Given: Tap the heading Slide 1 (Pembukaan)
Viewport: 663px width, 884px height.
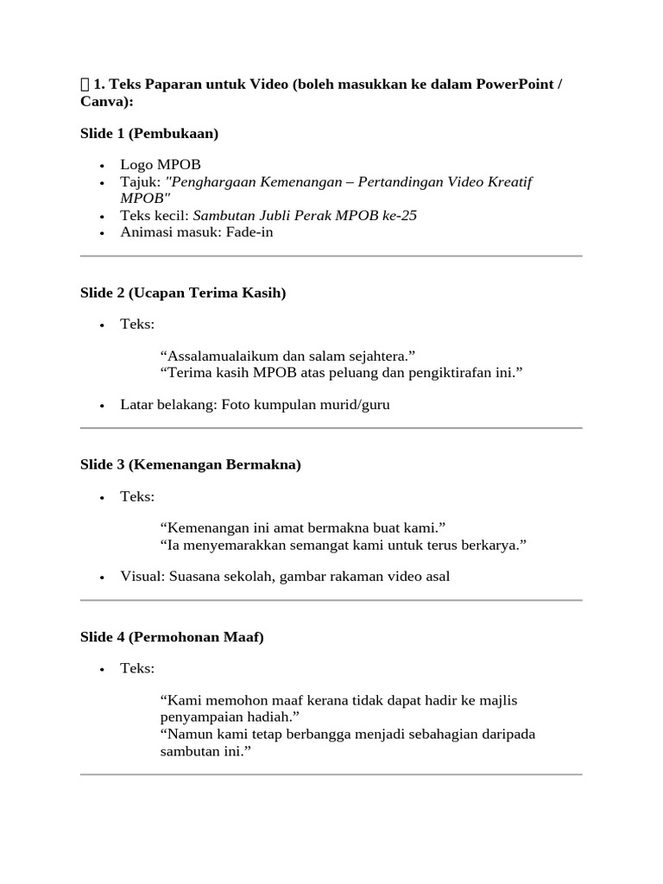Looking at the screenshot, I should coord(149,133).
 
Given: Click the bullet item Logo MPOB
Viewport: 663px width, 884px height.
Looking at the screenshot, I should coord(161,164).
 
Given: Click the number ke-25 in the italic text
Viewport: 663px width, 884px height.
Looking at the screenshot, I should coord(399,215).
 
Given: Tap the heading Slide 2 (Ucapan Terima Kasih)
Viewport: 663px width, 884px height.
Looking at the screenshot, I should coord(183,293).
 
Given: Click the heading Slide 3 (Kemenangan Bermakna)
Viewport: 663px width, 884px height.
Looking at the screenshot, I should coord(191,464).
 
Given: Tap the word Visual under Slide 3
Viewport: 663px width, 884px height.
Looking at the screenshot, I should coord(142,576).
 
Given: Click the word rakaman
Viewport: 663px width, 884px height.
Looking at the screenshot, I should coord(344,576).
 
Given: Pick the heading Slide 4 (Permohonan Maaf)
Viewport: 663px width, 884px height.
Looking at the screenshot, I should coord(172,637).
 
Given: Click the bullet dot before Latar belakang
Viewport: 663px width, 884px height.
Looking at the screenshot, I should coord(102,405).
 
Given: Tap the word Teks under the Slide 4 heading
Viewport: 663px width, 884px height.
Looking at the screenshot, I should coord(136,668).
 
